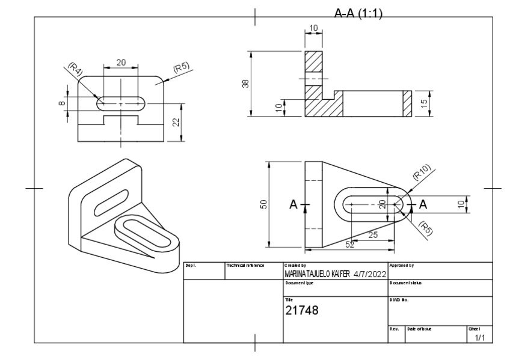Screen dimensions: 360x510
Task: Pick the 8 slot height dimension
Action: coord(61,103)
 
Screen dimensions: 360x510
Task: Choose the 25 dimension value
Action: coord(372,235)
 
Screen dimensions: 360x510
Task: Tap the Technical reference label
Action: coord(245,265)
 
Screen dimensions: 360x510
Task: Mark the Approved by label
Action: coord(403,265)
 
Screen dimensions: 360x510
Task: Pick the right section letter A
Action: coord(422,204)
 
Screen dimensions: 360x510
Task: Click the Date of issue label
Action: coord(420,329)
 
